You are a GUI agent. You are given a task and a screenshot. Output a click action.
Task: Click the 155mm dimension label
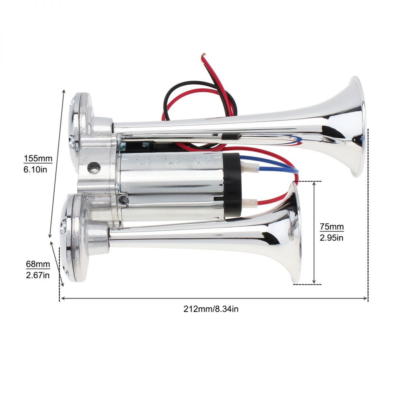click(x=38, y=159)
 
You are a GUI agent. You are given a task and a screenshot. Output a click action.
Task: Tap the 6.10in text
click(x=35, y=169)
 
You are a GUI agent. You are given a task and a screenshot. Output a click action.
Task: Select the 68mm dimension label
click(x=38, y=264)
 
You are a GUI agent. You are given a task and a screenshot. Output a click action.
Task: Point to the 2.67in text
click(x=38, y=275)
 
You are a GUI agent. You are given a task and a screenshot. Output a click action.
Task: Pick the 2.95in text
click(x=331, y=238)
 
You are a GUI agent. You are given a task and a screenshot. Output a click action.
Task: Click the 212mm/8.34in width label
click(x=211, y=309)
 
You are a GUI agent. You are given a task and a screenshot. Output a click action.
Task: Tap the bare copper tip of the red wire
click(x=203, y=55)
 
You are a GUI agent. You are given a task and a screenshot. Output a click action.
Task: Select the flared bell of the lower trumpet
click(x=291, y=233)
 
